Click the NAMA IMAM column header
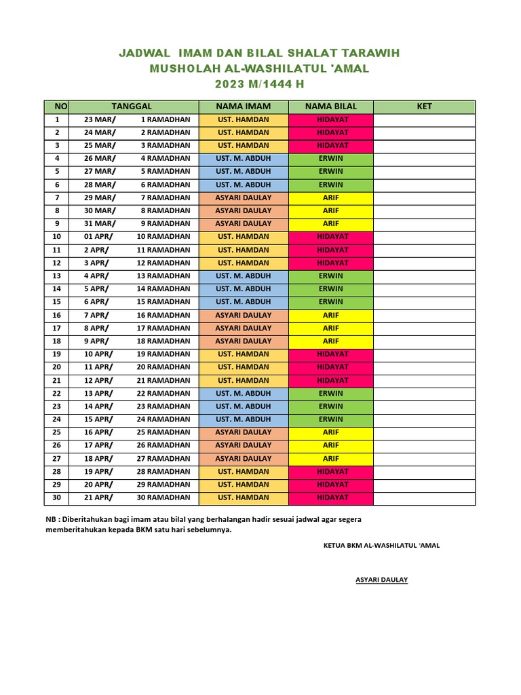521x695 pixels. pos(243,107)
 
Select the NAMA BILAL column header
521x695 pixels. pos(330,107)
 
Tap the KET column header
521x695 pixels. pos(424,107)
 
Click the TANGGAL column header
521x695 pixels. pos(132,107)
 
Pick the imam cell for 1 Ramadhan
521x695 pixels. pos(243,119)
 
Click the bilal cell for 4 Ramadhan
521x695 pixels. pos(330,158)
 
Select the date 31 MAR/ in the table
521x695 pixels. pos(100,223)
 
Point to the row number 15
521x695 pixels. pos(57,302)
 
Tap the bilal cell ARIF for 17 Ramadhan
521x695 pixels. pos(330,328)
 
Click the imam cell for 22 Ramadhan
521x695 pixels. pos(243,394)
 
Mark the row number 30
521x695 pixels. pos(57,497)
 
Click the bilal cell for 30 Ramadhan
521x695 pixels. pos(330,497)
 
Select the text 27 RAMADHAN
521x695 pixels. pos(163,459)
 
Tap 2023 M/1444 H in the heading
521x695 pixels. pos(260,84)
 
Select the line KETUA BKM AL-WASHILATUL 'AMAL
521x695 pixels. pos(381,546)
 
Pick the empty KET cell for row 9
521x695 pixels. pos(424,223)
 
